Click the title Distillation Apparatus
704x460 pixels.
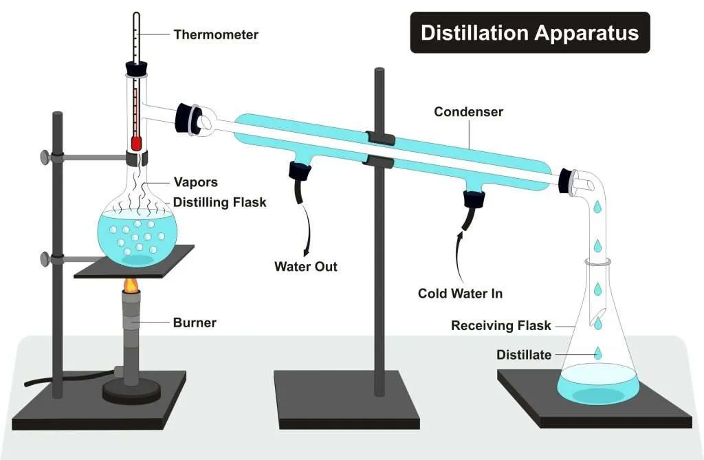pyautogui.click(x=529, y=33)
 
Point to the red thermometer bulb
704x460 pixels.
pyautogui.click(x=136, y=143)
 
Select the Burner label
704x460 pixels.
pyautogui.click(x=195, y=322)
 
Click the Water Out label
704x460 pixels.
pyautogui.click(x=306, y=267)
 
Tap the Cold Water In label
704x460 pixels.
pyautogui.click(x=460, y=294)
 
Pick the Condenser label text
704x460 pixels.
pyautogui.click(x=468, y=111)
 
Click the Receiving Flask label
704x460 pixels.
pyautogui.click(x=500, y=325)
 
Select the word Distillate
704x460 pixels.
pyautogui.click(x=524, y=355)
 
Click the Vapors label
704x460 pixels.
pyautogui.click(x=195, y=182)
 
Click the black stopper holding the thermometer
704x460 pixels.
pyautogui.click(x=135, y=68)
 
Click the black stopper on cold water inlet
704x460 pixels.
pyautogui.click(x=474, y=199)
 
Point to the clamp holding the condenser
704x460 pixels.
pyautogui.click(x=380, y=149)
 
